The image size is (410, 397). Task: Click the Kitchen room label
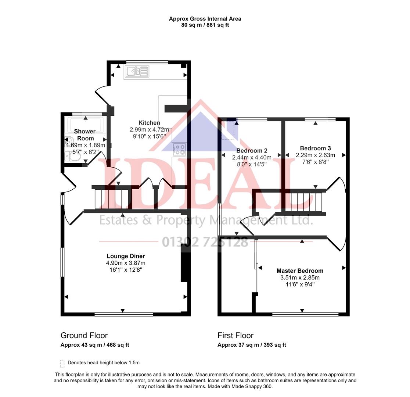tap(149, 123)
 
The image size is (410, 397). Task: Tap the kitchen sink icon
tap(137, 71)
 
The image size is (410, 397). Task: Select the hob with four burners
tap(179, 149)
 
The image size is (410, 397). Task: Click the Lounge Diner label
tap(126, 256)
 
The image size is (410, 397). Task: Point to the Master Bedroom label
tap(300, 271)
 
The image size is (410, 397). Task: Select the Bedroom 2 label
tap(252, 151)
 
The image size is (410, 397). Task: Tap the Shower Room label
tap(85, 135)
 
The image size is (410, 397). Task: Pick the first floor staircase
tap(305, 202)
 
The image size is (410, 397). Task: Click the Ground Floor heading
tap(84, 336)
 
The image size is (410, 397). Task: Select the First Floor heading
tap(235, 336)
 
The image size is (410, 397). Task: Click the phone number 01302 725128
tap(205, 242)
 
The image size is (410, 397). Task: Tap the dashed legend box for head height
tap(62, 364)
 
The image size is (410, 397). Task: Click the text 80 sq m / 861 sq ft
tap(205, 25)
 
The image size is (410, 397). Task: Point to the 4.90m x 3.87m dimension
tap(126, 263)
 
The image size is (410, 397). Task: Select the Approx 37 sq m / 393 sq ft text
tap(252, 345)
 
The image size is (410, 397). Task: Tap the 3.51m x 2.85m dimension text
tap(300, 278)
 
